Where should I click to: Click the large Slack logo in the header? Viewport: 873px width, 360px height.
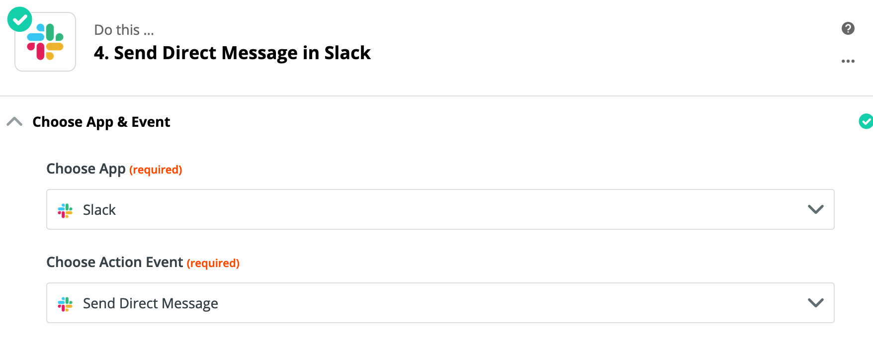45,42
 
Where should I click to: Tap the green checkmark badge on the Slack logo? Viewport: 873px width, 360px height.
20,19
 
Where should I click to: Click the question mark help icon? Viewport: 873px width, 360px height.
848,28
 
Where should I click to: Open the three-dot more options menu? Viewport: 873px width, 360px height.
848,61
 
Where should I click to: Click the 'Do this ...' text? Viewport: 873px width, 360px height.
124,30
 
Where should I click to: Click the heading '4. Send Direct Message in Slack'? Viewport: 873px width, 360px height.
232,53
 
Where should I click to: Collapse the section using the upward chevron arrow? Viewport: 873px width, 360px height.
14,121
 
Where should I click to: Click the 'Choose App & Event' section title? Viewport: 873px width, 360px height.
101,122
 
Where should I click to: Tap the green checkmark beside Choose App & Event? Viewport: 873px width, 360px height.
866,121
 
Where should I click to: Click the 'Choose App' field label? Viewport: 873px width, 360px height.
86,169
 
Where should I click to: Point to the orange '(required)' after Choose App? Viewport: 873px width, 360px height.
156,170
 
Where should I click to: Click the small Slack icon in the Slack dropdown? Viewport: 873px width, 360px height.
65,210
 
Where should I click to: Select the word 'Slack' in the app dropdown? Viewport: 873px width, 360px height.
99,210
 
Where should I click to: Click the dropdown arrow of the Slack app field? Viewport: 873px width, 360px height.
816,209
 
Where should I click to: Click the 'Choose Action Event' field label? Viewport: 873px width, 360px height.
115,262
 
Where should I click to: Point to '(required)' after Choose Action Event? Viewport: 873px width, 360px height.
213,264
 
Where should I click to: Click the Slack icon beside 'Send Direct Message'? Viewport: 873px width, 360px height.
65,304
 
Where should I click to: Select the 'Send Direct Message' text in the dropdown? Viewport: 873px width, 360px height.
151,304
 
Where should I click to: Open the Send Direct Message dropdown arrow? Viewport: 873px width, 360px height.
816,303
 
